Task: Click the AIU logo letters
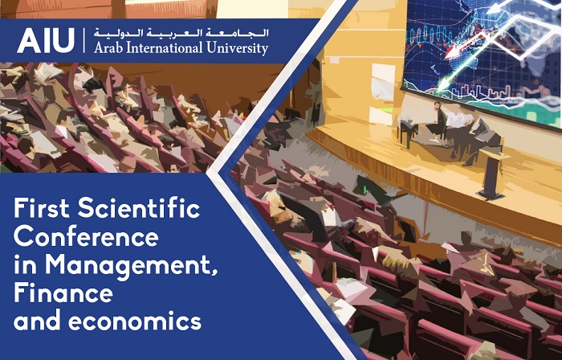click(46, 40)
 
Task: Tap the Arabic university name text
click(181, 34)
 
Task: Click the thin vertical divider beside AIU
click(84, 40)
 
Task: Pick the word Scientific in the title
click(139, 208)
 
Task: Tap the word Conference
click(86, 236)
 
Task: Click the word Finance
click(63, 293)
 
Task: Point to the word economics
click(134, 321)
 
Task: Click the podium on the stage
click(491, 175)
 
